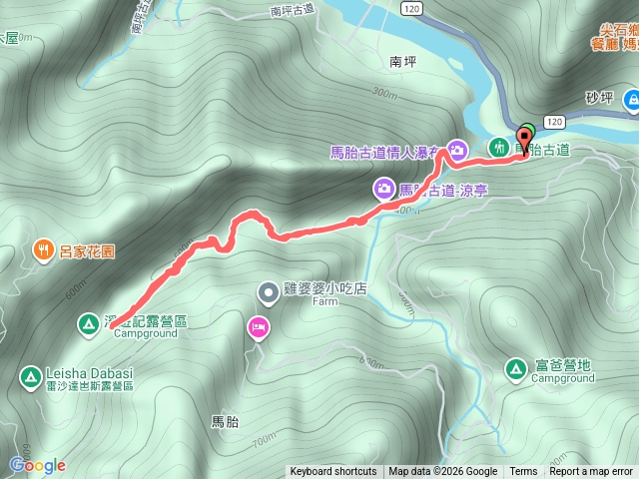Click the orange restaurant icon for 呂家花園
[x=43, y=248]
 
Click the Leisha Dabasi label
[x=89, y=373]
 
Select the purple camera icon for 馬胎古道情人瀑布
[x=456, y=151]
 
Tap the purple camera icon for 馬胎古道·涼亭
[x=383, y=188]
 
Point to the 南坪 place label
[x=402, y=61]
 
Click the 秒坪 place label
[x=598, y=99]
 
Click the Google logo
[x=37, y=465]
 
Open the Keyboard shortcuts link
[x=333, y=472]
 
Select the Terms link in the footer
[x=523, y=472]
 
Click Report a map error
[x=591, y=472]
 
